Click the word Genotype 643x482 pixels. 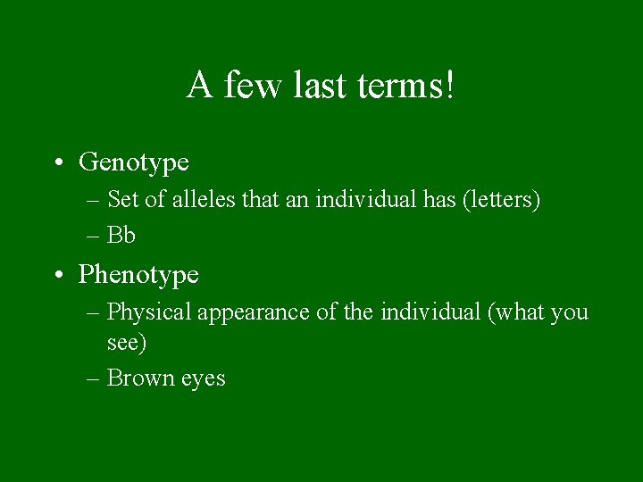point(134,162)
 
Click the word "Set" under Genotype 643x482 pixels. point(122,200)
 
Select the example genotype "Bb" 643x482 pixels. point(121,236)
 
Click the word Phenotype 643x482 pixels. point(138,274)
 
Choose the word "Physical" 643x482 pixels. point(148,312)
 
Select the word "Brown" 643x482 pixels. point(138,378)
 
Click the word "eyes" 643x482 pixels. point(203,379)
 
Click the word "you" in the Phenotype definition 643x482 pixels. point(570,313)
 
